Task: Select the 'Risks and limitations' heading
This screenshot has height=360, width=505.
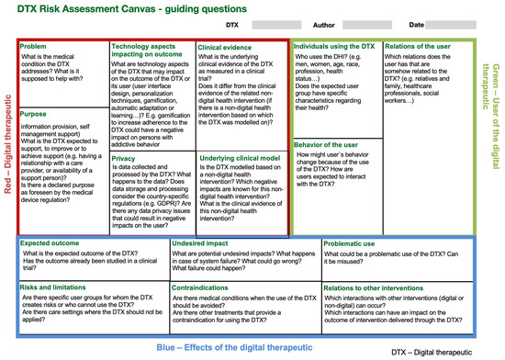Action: tap(54, 288)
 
